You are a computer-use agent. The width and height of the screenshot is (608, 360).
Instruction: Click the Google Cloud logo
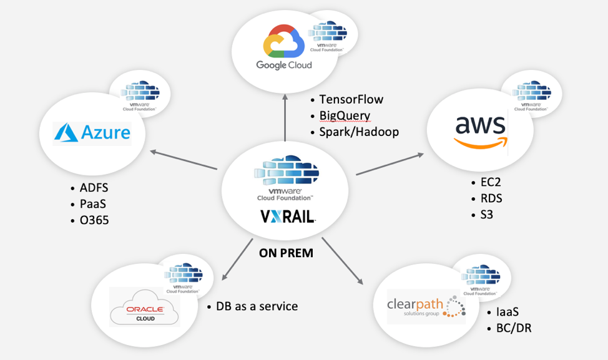[x=283, y=49]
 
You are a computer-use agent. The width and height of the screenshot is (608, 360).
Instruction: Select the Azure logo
[x=92, y=133]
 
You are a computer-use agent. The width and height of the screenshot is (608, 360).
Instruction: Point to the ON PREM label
[x=287, y=253]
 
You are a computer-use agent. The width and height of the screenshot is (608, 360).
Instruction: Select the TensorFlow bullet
[x=351, y=99]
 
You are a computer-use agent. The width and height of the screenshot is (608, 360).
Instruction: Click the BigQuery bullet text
[x=345, y=115]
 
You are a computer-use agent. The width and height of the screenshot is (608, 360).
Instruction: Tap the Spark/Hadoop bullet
[x=358, y=132]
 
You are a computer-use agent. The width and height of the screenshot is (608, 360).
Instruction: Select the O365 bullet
[x=94, y=220]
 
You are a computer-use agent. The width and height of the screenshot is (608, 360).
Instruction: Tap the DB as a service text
[x=257, y=306]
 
